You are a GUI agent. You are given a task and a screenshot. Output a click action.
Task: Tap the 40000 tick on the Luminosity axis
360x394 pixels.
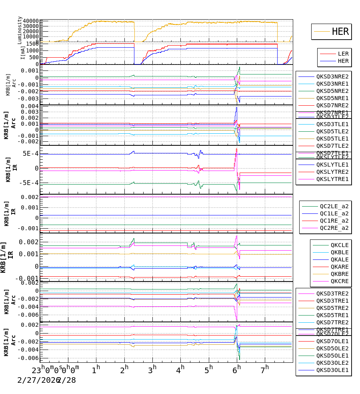tap(31, 21)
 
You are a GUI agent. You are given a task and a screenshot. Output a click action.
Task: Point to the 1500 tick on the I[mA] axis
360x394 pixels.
tap(32, 44)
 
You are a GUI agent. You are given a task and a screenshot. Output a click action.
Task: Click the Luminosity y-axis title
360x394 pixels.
tap(20, 30)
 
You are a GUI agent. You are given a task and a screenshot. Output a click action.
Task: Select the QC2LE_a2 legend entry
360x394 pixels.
tap(334, 206)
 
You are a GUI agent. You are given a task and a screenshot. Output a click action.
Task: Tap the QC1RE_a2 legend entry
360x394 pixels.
tap(334, 221)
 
